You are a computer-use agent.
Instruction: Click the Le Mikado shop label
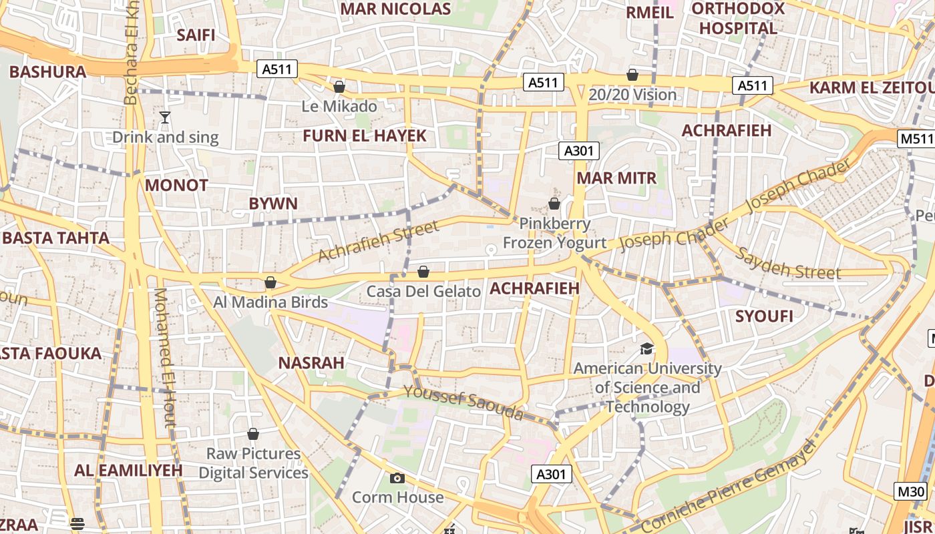click(339, 106)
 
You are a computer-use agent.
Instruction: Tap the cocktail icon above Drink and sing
click(165, 118)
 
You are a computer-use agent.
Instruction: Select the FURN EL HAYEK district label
click(364, 136)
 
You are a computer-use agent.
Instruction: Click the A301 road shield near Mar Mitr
click(578, 151)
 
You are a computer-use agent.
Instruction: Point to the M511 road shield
click(915, 139)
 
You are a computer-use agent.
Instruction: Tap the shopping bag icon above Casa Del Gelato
click(423, 272)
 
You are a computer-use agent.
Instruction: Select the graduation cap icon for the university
click(646, 348)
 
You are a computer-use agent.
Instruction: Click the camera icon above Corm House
click(397, 478)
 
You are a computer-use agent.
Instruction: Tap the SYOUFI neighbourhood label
click(764, 316)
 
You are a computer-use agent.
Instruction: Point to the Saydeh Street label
click(789, 264)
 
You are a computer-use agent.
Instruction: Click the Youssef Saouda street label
click(463, 402)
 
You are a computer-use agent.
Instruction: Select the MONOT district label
click(176, 186)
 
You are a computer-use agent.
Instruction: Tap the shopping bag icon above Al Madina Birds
click(270, 282)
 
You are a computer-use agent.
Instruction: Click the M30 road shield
click(911, 492)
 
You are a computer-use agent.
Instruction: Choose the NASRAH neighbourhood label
click(311, 363)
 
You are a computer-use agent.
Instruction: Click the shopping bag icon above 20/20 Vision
click(632, 75)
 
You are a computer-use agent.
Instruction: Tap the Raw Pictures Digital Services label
click(253, 463)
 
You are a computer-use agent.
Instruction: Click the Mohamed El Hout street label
click(164, 357)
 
